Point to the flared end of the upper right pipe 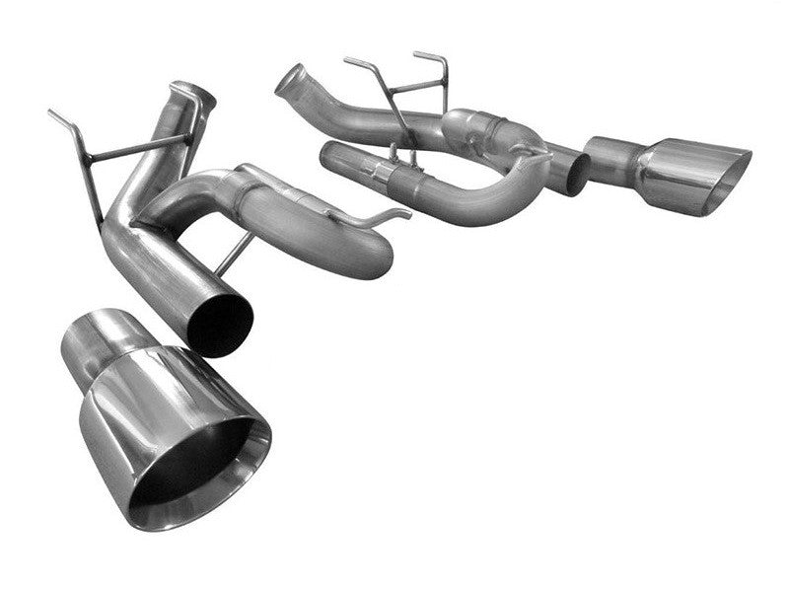292,78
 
